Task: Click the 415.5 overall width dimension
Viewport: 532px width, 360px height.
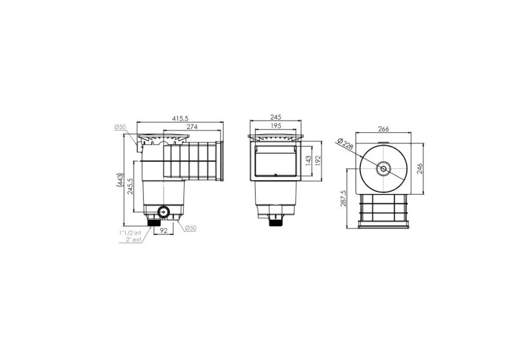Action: [180, 118]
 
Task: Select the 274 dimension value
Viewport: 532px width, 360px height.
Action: [192, 127]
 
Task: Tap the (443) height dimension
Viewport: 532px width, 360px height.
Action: [119, 180]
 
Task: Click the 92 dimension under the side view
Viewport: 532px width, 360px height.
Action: [163, 230]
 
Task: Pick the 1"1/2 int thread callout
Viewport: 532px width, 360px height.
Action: [130, 233]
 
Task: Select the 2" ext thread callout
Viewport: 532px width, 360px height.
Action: [132, 240]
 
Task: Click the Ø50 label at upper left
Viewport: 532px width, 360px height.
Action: [120, 127]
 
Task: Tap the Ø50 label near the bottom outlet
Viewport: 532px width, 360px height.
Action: [191, 228]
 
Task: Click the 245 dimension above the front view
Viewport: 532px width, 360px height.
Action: [276, 117]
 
